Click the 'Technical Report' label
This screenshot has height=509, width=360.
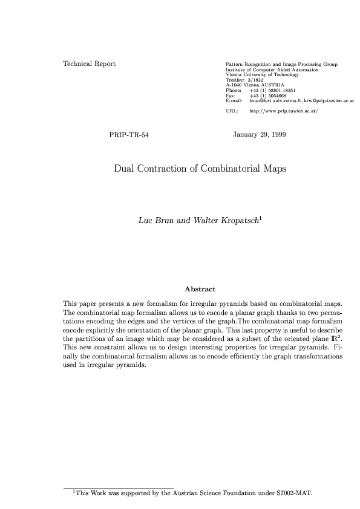click(90, 63)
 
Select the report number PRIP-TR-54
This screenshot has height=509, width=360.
click(129, 134)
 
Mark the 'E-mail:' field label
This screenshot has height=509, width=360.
click(234, 100)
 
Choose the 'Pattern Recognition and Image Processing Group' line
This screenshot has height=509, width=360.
click(281, 64)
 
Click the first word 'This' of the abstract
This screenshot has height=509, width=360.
click(70, 302)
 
